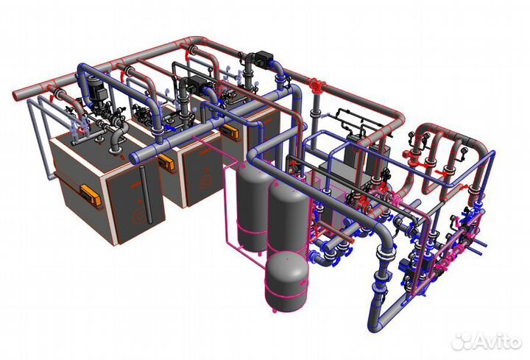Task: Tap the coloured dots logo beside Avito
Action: [462, 340]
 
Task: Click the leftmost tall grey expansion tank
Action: [251, 200]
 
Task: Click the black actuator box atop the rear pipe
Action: [260, 57]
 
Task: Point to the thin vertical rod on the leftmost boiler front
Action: [147, 210]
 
